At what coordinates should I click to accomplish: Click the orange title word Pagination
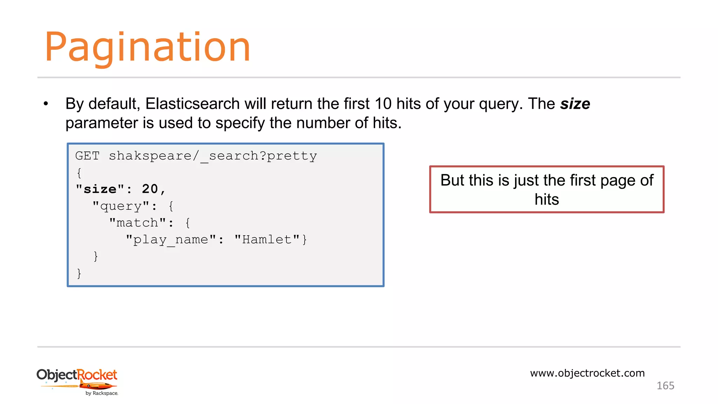coord(147,47)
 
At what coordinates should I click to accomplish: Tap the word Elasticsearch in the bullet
coord(192,104)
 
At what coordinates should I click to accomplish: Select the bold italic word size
coord(575,104)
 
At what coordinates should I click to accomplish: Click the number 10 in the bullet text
coord(383,104)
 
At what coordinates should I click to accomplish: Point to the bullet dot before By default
coord(46,104)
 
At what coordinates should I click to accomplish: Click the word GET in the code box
coord(88,156)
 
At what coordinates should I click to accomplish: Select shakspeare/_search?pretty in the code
coord(213,156)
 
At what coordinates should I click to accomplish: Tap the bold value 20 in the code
coord(150,189)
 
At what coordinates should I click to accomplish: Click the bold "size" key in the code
coord(100,189)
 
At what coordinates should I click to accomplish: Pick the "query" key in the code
coord(121,206)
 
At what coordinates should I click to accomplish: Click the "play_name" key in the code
coord(171,240)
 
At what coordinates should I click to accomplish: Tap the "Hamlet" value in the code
coord(267,240)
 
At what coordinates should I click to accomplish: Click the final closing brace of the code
coord(79,273)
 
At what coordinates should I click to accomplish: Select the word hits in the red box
coord(547,199)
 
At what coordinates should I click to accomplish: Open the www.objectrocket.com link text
coord(587,373)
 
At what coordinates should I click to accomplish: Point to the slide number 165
coord(665,386)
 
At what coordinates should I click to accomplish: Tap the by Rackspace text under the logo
coord(102,393)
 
